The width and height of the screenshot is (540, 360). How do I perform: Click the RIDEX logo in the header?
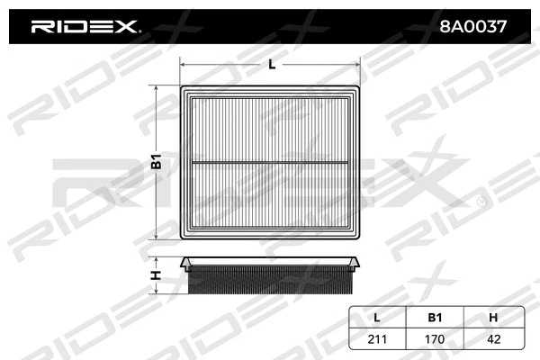pyautogui.click(x=85, y=27)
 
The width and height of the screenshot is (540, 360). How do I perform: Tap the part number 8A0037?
pyautogui.click(x=474, y=27)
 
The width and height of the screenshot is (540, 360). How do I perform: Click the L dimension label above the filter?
pyautogui.click(x=271, y=64)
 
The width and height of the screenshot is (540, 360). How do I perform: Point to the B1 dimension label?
pyautogui.click(x=156, y=163)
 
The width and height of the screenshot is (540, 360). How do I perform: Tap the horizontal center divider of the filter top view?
pyautogui.click(x=271, y=163)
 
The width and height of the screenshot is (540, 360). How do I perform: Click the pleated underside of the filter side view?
pyautogui.click(x=271, y=281)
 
